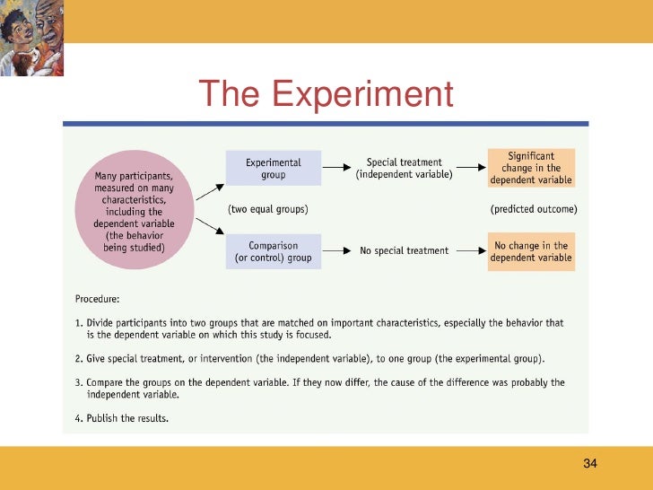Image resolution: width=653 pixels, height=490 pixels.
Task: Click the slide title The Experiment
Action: click(x=326, y=93)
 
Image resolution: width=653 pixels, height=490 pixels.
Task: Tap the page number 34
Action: click(x=589, y=463)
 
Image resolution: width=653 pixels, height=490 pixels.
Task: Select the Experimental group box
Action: click(x=274, y=168)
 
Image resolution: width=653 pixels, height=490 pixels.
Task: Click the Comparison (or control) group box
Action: click(x=274, y=250)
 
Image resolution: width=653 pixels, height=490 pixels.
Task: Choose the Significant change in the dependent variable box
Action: click(x=530, y=168)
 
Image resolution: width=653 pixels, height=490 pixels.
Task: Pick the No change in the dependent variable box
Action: click(x=530, y=250)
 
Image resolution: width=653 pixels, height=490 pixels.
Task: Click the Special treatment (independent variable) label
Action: click(x=403, y=168)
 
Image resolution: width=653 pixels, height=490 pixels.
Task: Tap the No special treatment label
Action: click(x=404, y=250)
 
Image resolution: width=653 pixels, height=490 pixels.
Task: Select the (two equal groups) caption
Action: click(x=268, y=209)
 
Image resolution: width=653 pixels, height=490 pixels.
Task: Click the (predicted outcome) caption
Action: click(x=533, y=209)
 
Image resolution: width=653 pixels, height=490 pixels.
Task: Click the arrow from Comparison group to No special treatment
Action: click(x=335, y=250)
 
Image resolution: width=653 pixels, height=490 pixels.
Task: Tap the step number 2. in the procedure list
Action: click(x=77, y=359)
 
